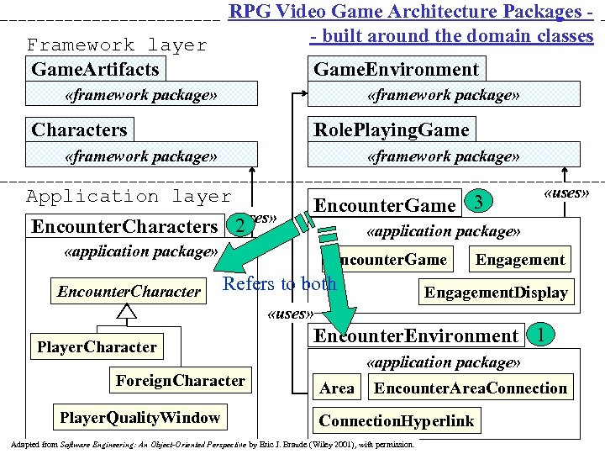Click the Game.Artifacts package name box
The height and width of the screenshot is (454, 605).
point(94,69)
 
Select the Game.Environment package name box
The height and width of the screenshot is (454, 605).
point(396,69)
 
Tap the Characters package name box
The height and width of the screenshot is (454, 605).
point(80,129)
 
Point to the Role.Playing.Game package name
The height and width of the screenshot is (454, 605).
point(391,129)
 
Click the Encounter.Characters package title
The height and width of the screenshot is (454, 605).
point(124,226)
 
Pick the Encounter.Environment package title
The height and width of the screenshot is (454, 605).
point(415,335)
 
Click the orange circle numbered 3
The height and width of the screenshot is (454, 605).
point(477,202)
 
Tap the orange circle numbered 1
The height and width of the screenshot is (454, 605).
point(542,334)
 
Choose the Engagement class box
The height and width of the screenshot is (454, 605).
point(520,259)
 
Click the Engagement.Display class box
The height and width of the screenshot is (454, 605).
point(496,292)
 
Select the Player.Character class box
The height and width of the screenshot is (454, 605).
point(97,346)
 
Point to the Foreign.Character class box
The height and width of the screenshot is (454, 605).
point(180,381)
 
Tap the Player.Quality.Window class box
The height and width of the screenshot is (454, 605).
point(139,417)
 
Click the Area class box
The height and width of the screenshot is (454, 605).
point(336,388)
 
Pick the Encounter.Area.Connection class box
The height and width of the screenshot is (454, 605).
point(470,388)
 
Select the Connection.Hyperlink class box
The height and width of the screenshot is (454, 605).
point(396,420)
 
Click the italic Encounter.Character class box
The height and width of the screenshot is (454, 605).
point(129,292)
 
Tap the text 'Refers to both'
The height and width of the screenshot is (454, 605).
point(279,283)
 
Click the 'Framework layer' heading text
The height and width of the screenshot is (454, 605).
point(116,45)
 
